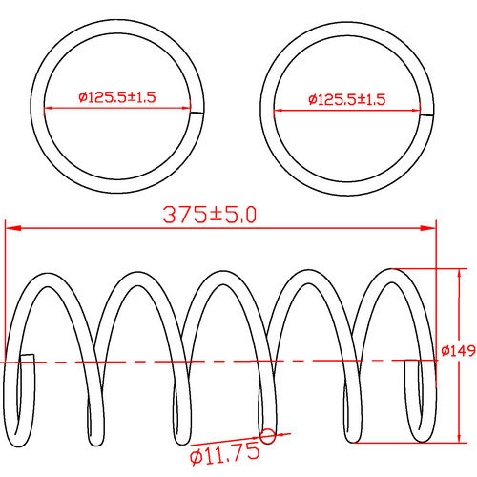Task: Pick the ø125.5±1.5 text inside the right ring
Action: coord(346,99)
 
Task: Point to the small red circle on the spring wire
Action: coord(267,435)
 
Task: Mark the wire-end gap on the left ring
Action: coord(197,111)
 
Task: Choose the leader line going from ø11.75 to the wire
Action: coord(248,441)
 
